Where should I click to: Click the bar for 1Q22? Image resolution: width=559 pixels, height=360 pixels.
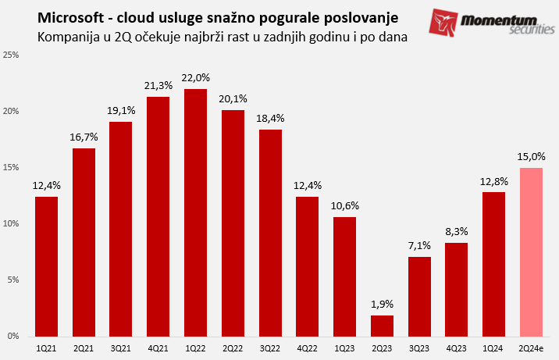[196, 212]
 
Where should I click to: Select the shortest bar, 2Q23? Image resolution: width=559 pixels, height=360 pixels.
[383, 325]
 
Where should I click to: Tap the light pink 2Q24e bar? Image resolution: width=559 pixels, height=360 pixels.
[531, 251]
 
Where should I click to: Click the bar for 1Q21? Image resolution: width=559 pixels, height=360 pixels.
[47, 266]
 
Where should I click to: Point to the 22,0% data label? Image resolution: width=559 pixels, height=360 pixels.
[196, 78]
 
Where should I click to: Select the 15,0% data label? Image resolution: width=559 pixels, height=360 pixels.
[531, 156]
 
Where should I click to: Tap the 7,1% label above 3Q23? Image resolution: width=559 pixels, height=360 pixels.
[419, 246]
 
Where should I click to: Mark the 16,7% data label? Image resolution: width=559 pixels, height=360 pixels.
[84, 137]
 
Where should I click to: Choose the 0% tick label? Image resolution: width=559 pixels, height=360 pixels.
[13, 337]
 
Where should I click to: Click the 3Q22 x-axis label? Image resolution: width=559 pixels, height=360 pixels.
[270, 348]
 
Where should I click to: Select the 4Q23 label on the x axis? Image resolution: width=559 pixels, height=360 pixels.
[457, 348]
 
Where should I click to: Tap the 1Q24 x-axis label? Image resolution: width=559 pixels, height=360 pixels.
[493, 348]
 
